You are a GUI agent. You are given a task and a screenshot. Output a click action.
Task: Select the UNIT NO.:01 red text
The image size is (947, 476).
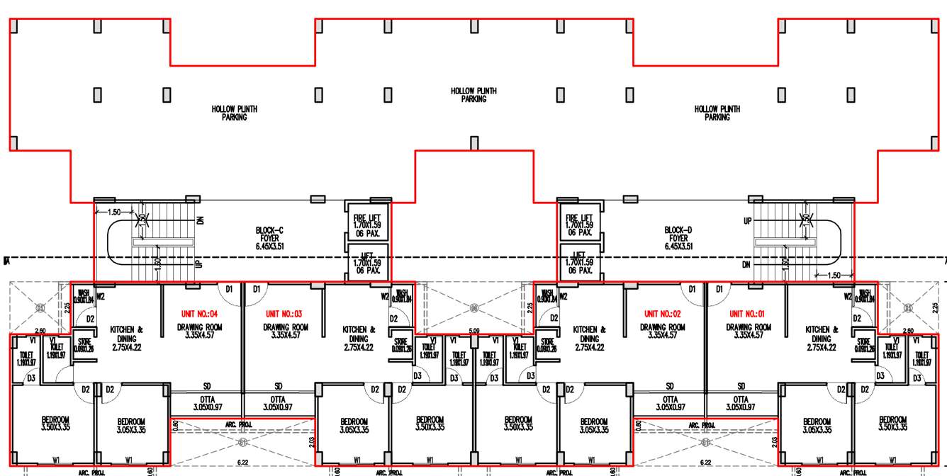(749, 314)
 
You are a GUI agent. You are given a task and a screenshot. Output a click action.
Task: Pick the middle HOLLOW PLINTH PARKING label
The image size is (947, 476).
(473, 95)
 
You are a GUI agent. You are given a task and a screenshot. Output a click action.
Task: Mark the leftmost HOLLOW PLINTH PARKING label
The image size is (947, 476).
(234, 113)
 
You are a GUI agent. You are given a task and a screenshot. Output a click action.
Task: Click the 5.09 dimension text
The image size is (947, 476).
(474, 330)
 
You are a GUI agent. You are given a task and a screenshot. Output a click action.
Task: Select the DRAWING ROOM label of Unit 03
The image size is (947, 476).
(286, 331)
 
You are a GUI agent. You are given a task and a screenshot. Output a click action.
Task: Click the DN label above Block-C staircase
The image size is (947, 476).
(201, 220)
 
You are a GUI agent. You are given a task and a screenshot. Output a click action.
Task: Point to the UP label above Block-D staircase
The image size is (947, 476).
(748, 221)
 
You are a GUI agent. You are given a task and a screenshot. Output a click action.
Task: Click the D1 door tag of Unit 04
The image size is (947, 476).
(229, 289)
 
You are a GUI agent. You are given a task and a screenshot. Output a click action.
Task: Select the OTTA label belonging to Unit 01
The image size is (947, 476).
(741, 403)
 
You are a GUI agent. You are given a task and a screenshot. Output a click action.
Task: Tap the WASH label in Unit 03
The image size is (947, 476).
(402, 293)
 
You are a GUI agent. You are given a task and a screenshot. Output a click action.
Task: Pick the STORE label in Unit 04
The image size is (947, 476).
(85, 345)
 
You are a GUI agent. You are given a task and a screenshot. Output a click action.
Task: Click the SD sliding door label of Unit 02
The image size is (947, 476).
(670, 386)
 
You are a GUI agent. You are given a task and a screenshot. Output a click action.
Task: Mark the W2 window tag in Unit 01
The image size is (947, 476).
(848, 297)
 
